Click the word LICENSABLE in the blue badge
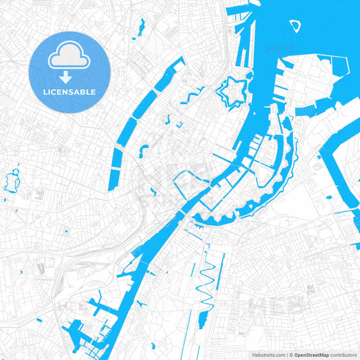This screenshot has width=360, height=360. [70, 92]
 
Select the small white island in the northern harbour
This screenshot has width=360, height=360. [295, 26]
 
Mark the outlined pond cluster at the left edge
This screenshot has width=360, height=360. [11, 180]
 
